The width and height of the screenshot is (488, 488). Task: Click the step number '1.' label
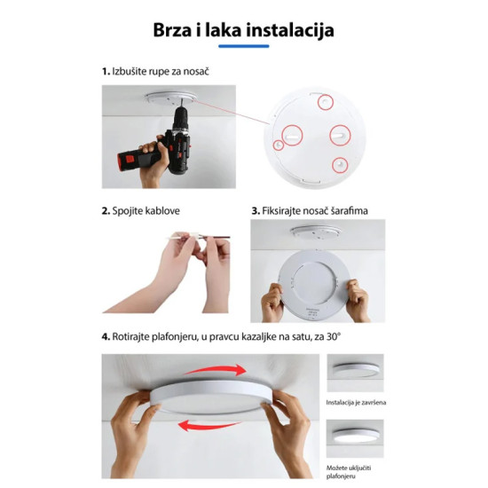coord(105,70)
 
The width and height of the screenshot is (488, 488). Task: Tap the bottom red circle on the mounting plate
coord(340,164)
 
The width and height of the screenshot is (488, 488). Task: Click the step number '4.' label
coord(105,337)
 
